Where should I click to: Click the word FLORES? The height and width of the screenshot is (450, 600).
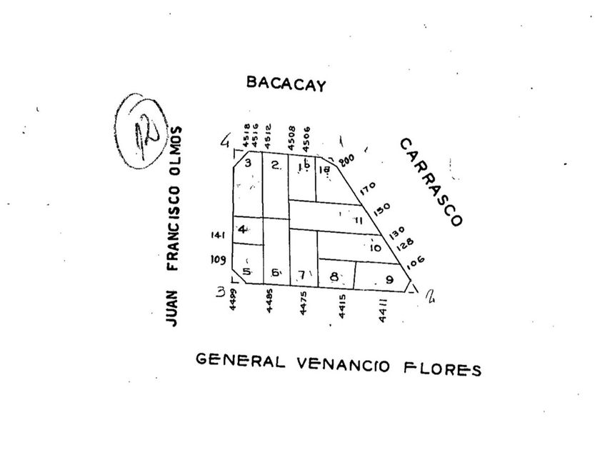click(x=444, y=368)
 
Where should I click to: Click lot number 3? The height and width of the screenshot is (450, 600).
click(x=248, y=163)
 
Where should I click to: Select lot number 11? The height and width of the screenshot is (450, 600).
click(x=359, y=221)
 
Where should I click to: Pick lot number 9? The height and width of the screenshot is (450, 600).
click(x=389, y=279)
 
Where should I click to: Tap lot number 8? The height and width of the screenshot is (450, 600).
click(x=334, y=276)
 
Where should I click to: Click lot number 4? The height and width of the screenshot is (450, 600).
click(x=244, y=229)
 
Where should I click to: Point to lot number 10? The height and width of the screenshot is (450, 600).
click(x=375, y=248)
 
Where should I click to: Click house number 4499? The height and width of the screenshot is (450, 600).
click(x=233, y=303)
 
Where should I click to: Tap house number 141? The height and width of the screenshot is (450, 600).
click(x=217, y=233)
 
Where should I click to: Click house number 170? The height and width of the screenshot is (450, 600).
click(x=367, y=189)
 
